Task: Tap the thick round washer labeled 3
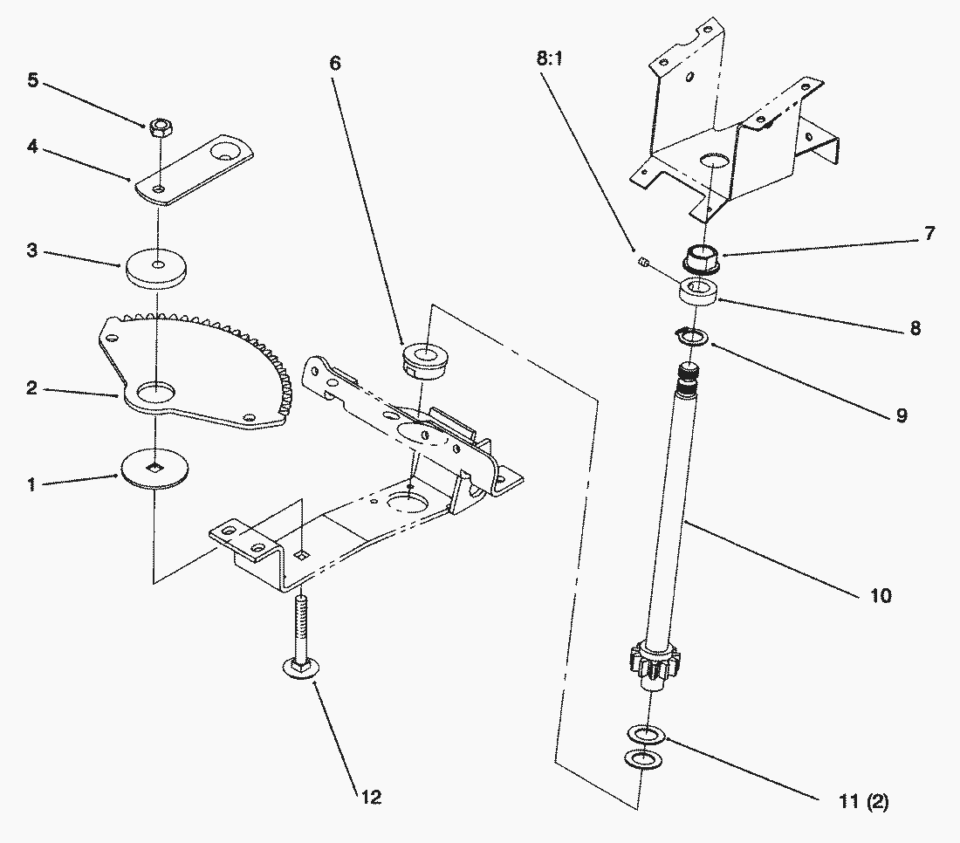(157, 267)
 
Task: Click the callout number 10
(880, 596)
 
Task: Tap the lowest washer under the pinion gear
(641, 759)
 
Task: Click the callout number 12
(370, 798)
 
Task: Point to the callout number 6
(336, 65)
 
